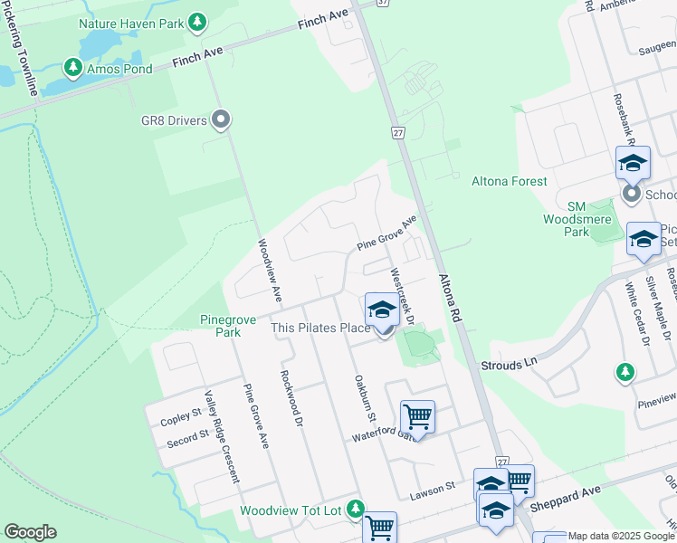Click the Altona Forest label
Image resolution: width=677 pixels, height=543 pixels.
coord(510,181)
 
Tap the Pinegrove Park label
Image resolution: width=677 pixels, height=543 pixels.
coord(221,325)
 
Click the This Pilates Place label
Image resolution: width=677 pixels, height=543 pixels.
coord(321,328)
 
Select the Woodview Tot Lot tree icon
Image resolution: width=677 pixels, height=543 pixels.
coord(357,510)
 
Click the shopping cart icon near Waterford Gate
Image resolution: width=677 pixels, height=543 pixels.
coord(417,416)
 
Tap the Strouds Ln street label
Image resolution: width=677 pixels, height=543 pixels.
coord(504,364)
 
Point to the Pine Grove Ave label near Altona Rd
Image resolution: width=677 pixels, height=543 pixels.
coord(386,234)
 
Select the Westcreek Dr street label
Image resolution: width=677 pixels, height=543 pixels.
coord(401,296)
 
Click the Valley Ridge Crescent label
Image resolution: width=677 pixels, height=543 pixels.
coord(223,434)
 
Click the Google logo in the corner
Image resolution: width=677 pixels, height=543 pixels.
coord(30,532)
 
